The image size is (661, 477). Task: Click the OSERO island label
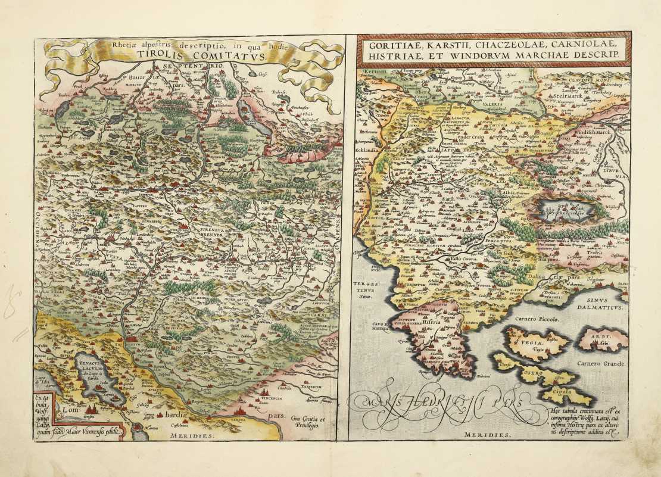[538, 373]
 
